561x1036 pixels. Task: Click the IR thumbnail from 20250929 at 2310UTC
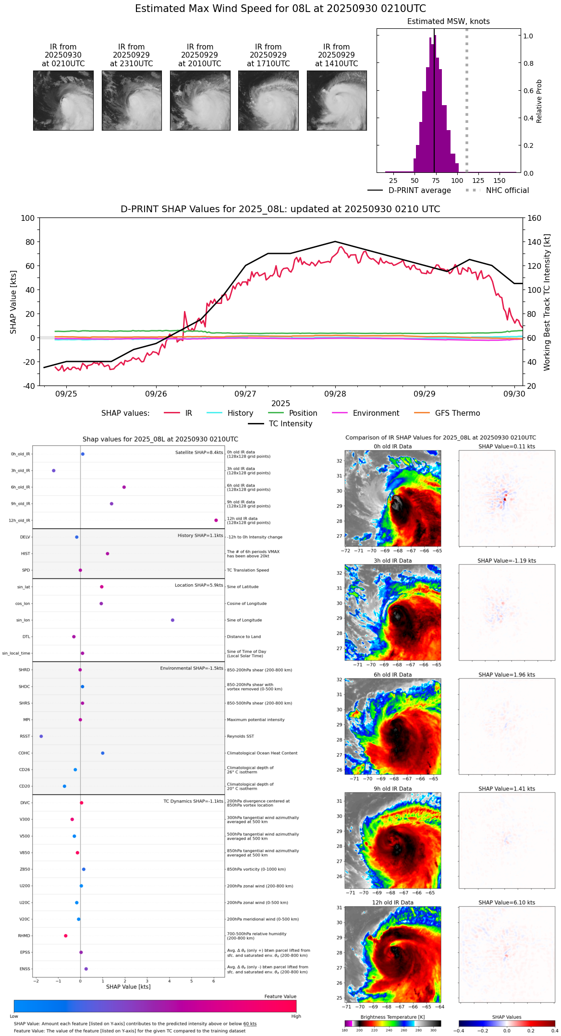pyautogui.click(x=132, y=100)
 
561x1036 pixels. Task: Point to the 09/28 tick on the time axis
pyautogui.click(x=335, y=394)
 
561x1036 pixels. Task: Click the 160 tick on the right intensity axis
pyautogui.click(x=535, y=218)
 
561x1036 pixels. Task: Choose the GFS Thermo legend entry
pyautogui.click(x=457, y=413)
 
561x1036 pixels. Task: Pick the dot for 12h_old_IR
pyautogui.click(x=216, y=520)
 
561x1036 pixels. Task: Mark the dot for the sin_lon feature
pyautogui.click(x=172, y=620)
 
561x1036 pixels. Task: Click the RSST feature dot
pyautogui.click(x=41, y=736)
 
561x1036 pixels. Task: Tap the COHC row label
pyautogui.click(x=24, y=753)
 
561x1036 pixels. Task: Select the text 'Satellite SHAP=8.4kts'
pyautogui.click(x=199, y=453)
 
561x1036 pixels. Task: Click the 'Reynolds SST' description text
pyautogui.click(x=240, y=736)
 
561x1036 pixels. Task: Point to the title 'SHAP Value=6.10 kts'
pyautogui.click(x=506, y=903)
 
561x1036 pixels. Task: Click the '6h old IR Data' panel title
pyautogui.click(x=392, y=675)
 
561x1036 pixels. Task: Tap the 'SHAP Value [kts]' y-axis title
pyautogui.click(x=13, y=302)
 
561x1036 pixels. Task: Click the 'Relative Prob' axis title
pyautogui.click(x=539, y=101)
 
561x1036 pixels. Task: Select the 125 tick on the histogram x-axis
pyautogui.click(x=478, y=181)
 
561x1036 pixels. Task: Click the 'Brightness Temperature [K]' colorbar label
pyautogui.click(x=392, y=1017)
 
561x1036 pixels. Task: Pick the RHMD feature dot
pyautogui.click(x=66, y=936)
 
